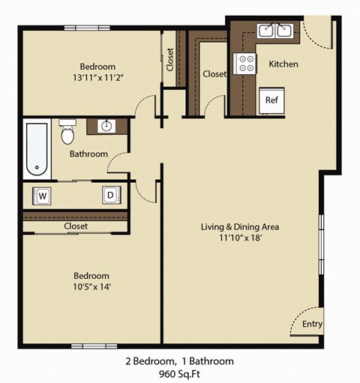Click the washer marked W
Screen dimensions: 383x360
[x=42, y=196]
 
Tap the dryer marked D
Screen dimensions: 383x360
[x=110, y=196]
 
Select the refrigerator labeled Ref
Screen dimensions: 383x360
[x=271, y=100]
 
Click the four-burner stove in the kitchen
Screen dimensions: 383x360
[x=245, y=64]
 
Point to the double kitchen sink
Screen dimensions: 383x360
[x=274, y=31]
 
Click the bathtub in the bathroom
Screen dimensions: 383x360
[x=36, y=148]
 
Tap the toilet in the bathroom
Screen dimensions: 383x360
[x=68, y=133]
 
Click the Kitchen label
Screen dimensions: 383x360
[x=283, y=64]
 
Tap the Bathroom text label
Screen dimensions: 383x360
[x=88, y=154]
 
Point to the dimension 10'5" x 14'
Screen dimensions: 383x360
[x=91, y=287]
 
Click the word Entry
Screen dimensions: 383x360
[x=312, y=325]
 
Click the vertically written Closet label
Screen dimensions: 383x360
[x=170, y=61]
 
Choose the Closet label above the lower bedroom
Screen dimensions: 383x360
[x=76, y=226]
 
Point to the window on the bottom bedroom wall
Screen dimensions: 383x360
[x=95, y=346]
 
